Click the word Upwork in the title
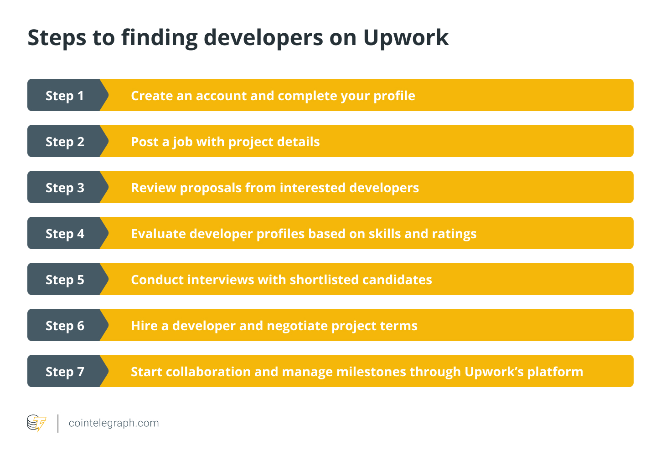pyautogui.click(x=406, y=38)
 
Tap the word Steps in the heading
pyautogui.click(x=57, y=38)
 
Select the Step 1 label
pyautogui.click(x=65, y=96)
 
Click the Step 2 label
pyautogui.click(x=65, y=142)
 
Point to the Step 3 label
pyautogui.click(x=65, y=188)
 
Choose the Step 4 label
pyautogui.click(x=65, y=234)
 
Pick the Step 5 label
pyautogui.click(x=65, y=280)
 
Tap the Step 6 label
pyautogui.click(x=65, y=326)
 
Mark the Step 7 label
pyautogui.click(x=65, y=372)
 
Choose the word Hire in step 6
pyautogui.click(x=145, y=326)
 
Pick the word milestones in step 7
pyautogui.click(x=371, y=372)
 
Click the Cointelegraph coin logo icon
pyautogui.click(x=36, y=423)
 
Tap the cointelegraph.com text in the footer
pyautogui.click(x=114, y=423)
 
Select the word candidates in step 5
pyautogui.click(x=397, y=280)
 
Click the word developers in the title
pyautogui.click(x=263, y=38)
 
